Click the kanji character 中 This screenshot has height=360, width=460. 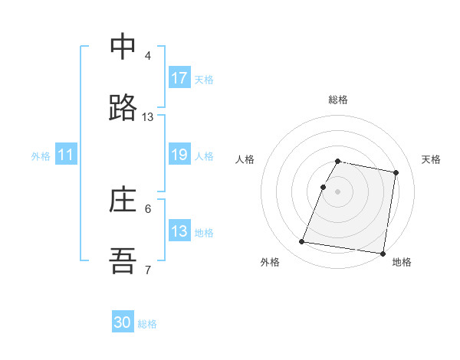[x=123, y=46]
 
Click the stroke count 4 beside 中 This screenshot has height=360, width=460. [x=148, y=55]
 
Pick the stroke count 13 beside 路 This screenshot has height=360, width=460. [x=148, y=117]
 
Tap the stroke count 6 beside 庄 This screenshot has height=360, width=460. [x=148, y=208]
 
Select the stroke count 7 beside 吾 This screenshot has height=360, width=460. [x=148, y=270]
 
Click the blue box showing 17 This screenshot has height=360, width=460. [x=179, y=78]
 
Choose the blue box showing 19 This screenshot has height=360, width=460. [x=179, y=155]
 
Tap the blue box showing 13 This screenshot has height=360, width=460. [x=179, y=231]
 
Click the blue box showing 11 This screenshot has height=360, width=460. [x=66, y=155]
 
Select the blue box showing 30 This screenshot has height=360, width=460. [x=123, y=323]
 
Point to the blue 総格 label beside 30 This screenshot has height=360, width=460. [x=147, y=324]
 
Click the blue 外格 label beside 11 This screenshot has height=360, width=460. [x=41, y=155]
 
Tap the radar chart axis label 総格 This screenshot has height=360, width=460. [x=338, y=100]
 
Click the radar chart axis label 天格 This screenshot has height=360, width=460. [x=432, y=159]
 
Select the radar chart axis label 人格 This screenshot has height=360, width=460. [x=245, y=159]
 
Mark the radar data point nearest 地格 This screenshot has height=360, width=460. [x=382, y=253]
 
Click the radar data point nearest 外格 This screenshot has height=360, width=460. [x=302, y=242]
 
